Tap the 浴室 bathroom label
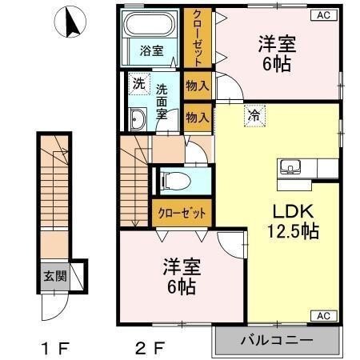point(152,50)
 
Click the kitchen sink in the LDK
point(290,168)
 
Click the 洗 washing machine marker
point(138,82)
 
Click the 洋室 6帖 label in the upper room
point(277,53)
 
